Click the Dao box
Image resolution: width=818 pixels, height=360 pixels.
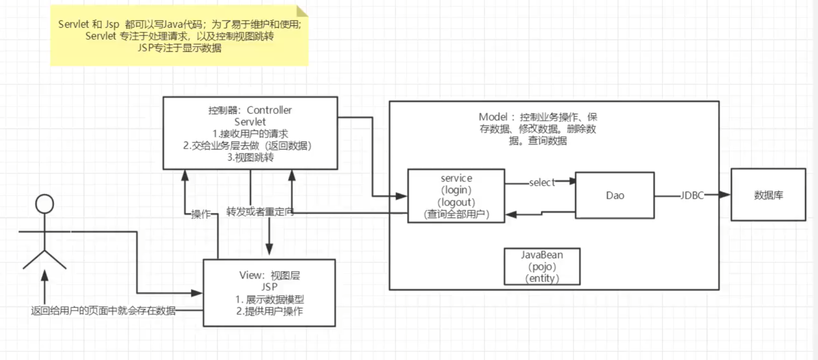pyautogui.click(x=615, y=196)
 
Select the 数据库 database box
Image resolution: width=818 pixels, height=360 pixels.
pyautogui.click(x=768, y=195)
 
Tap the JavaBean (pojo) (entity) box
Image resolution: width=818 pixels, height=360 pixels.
pyautogui.click(x=542, y=266)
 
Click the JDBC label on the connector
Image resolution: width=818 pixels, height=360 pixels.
pyautogui.click(x=691, y=196)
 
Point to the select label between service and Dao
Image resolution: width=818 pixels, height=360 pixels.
pyautogui.click(x=541, y=183)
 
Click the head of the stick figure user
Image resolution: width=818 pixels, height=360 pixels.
pyautogui.click(x=44, y=204)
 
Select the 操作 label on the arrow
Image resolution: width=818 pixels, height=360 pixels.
pyautogui.click(x=201, y=214)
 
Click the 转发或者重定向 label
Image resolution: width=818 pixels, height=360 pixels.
pyautogui.click(x=260, y=212)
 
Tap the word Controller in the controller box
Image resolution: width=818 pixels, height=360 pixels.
pyautogui.click(x=269, y=110)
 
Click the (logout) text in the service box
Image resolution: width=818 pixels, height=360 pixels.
pyautogui.click(x=456, y=202)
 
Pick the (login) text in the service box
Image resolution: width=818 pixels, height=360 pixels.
pyautogui.click(x=456, y=190)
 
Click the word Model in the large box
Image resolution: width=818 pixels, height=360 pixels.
pyautogui.click(x=493, y=117)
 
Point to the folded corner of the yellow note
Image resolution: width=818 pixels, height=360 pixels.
pyautogui.click(x=302, y=11)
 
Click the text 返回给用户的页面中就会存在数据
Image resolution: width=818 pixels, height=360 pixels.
pyautogui.click(x=103, y=311)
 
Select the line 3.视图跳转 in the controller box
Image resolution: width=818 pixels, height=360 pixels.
pyautogui.click(x=250, y=158)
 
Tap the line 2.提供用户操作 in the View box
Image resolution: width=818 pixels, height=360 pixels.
pyautogui.click(x=269, y=311)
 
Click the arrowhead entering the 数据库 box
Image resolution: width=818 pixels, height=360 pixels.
pyautogui.click(x=724, y=195)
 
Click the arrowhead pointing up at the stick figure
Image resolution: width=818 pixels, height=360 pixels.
pyautogui.click(x=44, y=276)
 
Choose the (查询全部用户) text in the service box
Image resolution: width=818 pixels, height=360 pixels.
pyautogui.click(x=456, y=214)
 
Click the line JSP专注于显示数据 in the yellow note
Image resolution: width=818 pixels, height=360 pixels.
pyautogui.click(x=179, y=48)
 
